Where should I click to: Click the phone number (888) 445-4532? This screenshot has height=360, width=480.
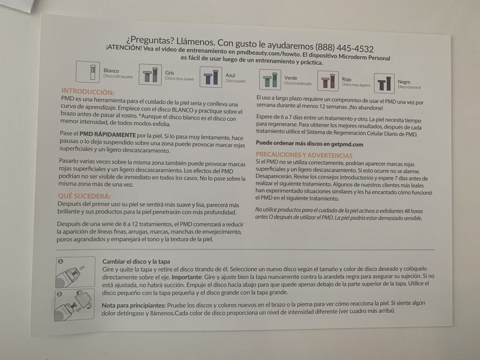point(345,48)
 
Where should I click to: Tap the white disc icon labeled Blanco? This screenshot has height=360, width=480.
point(88,72)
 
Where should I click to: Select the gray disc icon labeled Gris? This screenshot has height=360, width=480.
point(150,75)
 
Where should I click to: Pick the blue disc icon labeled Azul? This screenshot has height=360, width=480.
point(211,77)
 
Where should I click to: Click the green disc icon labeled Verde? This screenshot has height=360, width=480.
point(270,80)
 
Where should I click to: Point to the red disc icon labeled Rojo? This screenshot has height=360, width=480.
point(328,81)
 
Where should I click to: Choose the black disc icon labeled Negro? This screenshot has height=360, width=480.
point(384,83)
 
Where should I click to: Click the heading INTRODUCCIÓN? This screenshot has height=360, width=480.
point(88,91)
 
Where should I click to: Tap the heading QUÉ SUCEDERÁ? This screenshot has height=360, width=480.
point(84,196)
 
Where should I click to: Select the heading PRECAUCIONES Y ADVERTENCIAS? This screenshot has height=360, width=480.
point(304,155)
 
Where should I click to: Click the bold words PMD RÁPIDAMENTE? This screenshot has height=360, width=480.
point(107,135)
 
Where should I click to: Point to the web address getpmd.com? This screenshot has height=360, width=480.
point(347,144)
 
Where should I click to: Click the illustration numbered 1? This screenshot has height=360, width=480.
point(75,272)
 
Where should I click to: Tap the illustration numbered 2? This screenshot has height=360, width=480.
point(75,305)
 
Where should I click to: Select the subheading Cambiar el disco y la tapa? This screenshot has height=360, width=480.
point(136,262)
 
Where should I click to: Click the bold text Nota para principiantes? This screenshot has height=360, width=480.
point(134,305)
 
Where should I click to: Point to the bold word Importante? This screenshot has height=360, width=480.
point(187,277)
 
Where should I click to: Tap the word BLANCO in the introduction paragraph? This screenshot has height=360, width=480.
point(182,110)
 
